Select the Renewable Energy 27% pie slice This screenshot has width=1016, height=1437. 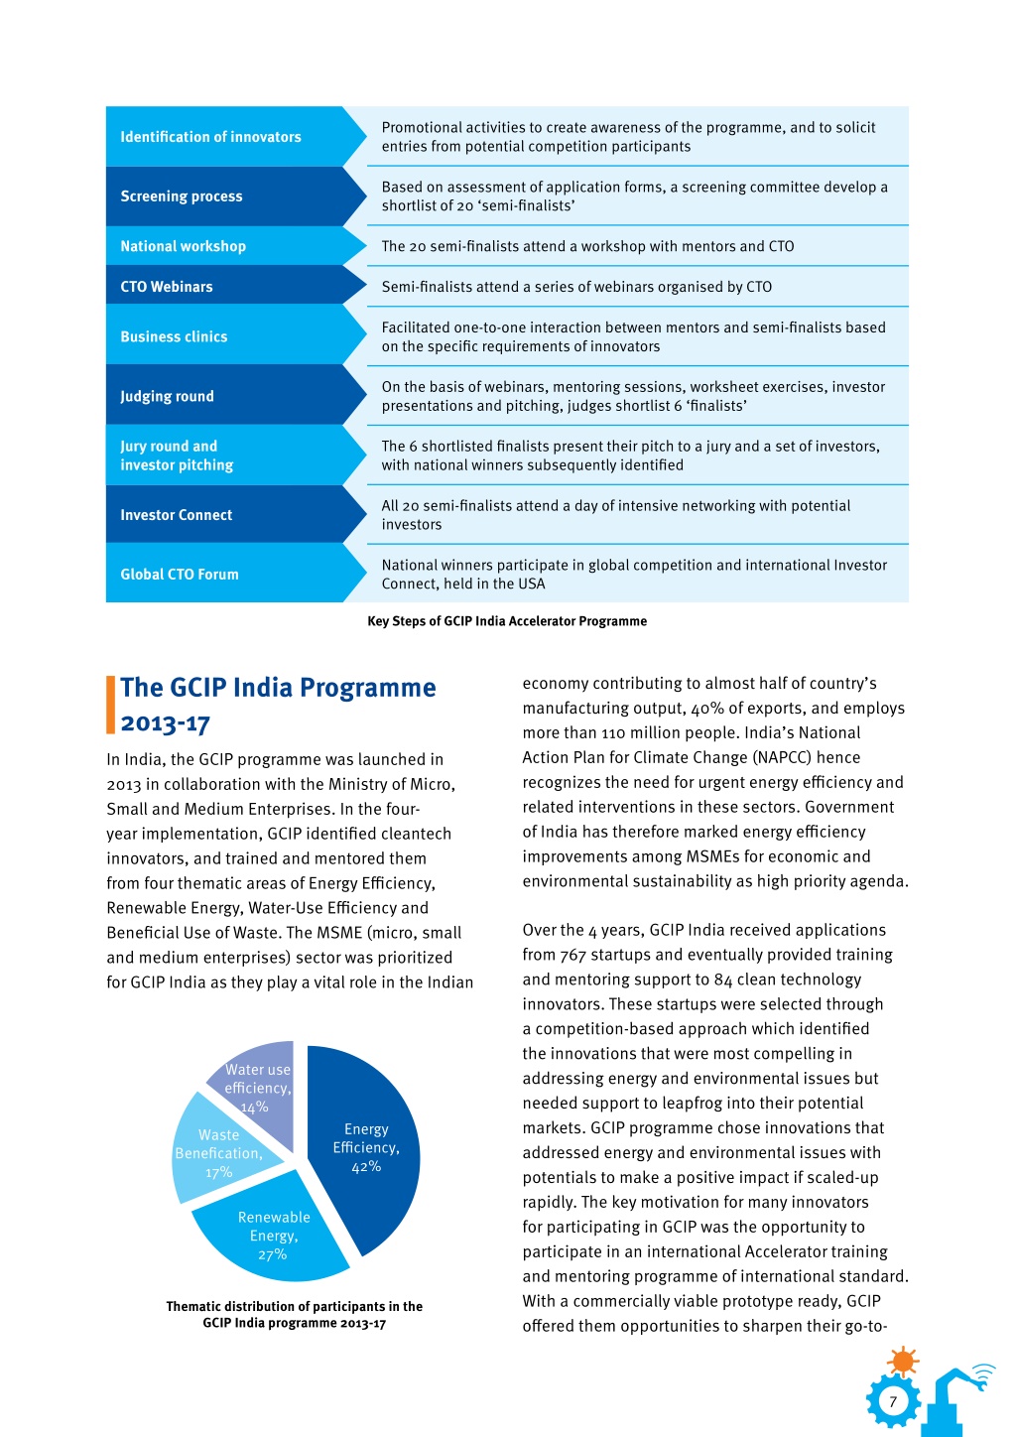[x=273, y=1235]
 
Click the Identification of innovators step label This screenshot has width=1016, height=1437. [x=210, y=137]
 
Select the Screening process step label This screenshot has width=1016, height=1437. [x=182, y=196]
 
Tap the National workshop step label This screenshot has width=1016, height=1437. [x=183, y=246]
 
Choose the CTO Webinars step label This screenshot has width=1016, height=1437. [x=166, y=287]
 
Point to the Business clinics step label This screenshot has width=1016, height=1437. [x=174, y=336]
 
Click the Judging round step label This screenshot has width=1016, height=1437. [x=167, y=396]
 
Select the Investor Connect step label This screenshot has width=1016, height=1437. [x=177, y=515]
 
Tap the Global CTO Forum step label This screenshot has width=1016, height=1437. [x=180, y=575]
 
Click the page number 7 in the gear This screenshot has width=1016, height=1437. [x=893, y=1401]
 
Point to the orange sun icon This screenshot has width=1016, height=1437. [x=903, y=1361]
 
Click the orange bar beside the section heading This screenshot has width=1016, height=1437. [x=110, y=705]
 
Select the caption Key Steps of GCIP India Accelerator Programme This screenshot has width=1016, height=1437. [x=507, y=621]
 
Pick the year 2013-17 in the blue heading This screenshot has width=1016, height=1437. [x=165, y=723]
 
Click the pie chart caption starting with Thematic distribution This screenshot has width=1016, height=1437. [x=295, y=1315]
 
